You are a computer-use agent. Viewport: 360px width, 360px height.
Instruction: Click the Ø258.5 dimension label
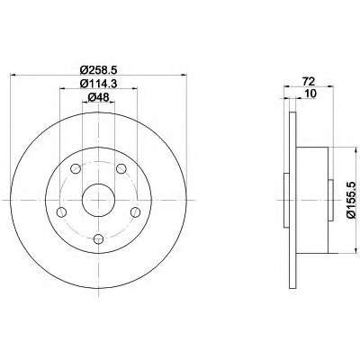[x=98, y=70]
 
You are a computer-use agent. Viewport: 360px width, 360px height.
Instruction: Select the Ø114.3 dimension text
[x=98, y=84]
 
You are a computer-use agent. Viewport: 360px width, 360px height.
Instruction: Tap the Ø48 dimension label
[x=98, y=97]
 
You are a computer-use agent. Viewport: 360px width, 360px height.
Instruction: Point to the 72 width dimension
[x=309, y=81]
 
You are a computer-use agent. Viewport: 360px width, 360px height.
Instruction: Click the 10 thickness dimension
[x=310, y=94]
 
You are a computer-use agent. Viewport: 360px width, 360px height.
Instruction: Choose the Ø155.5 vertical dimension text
[x=351, y=200]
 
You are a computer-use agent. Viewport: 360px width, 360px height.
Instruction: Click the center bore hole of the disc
[x=98, y=200]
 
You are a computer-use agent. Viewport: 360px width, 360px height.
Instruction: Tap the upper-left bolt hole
[x=76, y=168]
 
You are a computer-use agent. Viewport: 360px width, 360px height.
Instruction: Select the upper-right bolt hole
[x=121, y=168]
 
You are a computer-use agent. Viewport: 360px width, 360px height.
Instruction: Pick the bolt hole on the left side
[x=61, y=211]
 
